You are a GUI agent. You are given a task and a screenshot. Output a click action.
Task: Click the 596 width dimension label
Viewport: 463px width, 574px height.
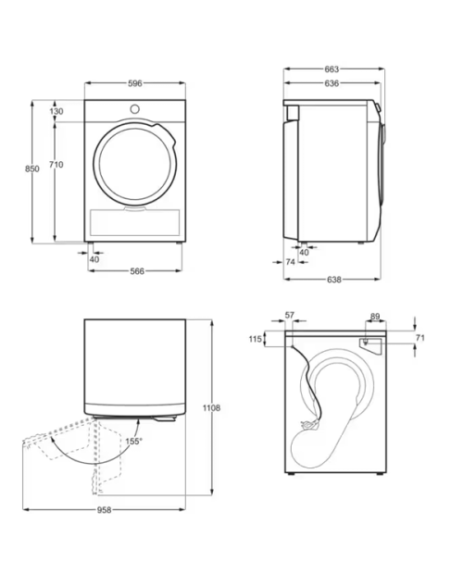(x=134, y=83)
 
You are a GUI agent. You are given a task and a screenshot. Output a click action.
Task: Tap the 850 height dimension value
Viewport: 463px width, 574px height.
(x=32, y=168)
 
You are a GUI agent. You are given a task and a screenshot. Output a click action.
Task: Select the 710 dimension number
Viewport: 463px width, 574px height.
(x=56, y=165)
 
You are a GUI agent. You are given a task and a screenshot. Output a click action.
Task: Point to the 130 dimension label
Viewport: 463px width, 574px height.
(x=56, y=111)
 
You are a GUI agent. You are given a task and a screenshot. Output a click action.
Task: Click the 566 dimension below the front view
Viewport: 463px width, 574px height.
(x=137, y=271)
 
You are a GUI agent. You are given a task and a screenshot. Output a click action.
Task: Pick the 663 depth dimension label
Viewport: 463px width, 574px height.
(x=332, y=69)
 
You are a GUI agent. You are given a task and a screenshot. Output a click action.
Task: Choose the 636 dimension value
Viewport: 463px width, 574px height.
(x=332, y=83)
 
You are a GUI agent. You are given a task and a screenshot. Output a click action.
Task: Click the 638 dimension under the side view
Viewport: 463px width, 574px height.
(x=333, y=280)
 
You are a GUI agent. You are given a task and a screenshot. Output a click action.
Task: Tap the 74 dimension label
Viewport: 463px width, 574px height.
(x=290, y=262)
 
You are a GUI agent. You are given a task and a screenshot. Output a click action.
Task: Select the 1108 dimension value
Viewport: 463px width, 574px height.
(x=211, y=407)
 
